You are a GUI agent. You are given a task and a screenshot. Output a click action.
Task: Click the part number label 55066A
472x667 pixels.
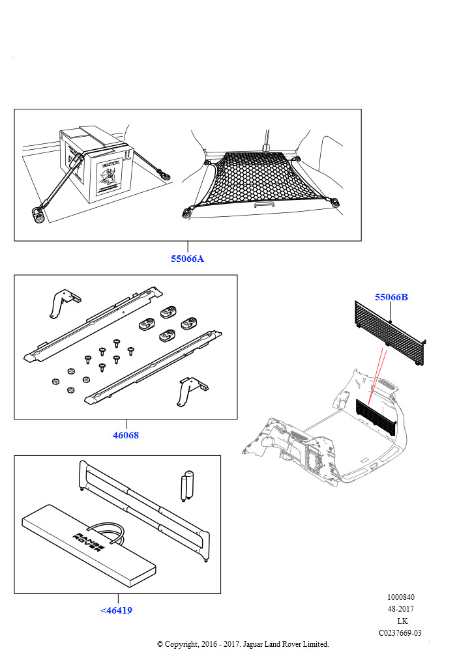pyautogui.click(x=187, y=259)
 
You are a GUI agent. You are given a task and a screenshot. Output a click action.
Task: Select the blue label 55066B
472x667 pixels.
pyautogui.click(x=391, y=297)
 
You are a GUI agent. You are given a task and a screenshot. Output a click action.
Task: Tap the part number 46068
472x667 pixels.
pyautogui.click(x=126, y=434)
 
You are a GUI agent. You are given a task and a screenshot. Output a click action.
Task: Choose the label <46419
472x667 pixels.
pyautogui.click(x=116, y=610)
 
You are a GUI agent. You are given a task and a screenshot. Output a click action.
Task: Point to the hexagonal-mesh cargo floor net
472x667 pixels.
pyautogui.click(x=261, y=179)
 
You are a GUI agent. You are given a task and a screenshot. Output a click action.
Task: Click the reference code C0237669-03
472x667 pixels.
pyautogui.click(x=400, y=632)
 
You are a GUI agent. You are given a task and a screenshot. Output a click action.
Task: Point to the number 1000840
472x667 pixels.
pyautogui.click(x=400, y=597)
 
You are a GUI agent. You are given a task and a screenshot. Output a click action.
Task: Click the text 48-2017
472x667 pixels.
pyautogui.click(x=400, y=609)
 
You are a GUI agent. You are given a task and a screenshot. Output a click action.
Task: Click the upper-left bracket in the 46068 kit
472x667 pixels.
pyautogui.click(x=65, y=302)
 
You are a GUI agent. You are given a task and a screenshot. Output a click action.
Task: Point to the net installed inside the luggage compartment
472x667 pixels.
pyautogui.click(x=375, y=417)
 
